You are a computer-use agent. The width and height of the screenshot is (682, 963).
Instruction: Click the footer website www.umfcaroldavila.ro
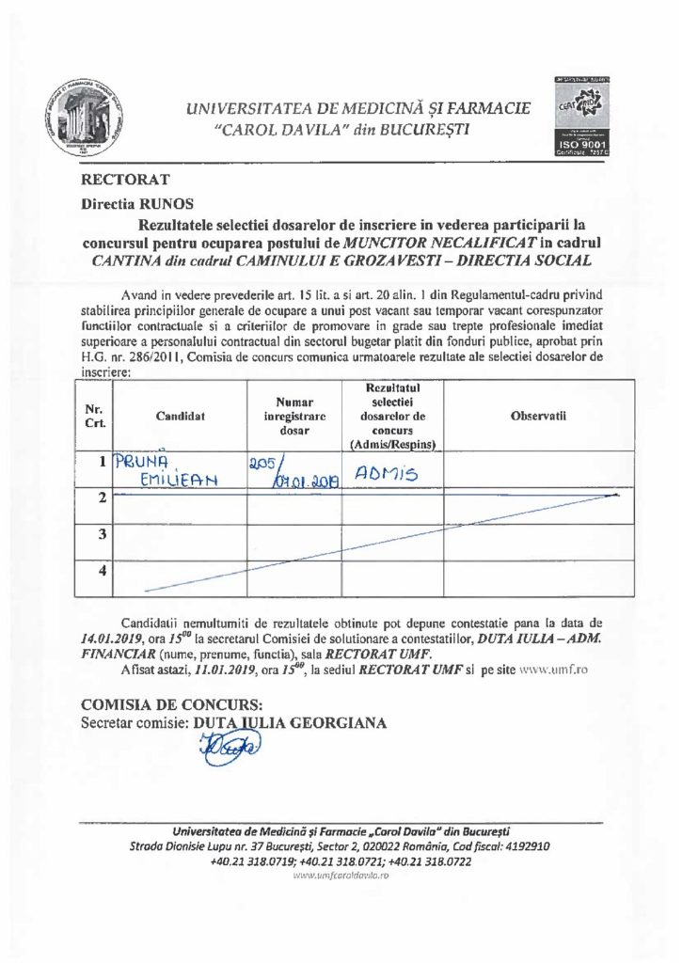tap(341, 875)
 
